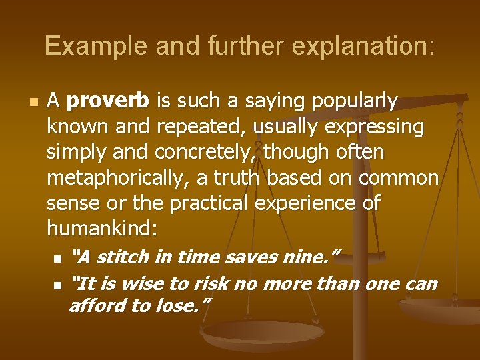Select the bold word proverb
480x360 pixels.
coord(109,101)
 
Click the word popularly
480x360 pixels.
coord(355,101)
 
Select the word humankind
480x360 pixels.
coord(102,229)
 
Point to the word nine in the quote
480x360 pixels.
coord(314,257)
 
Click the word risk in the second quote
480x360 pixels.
coord(210,283)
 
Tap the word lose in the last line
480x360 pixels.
coord(189,306)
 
